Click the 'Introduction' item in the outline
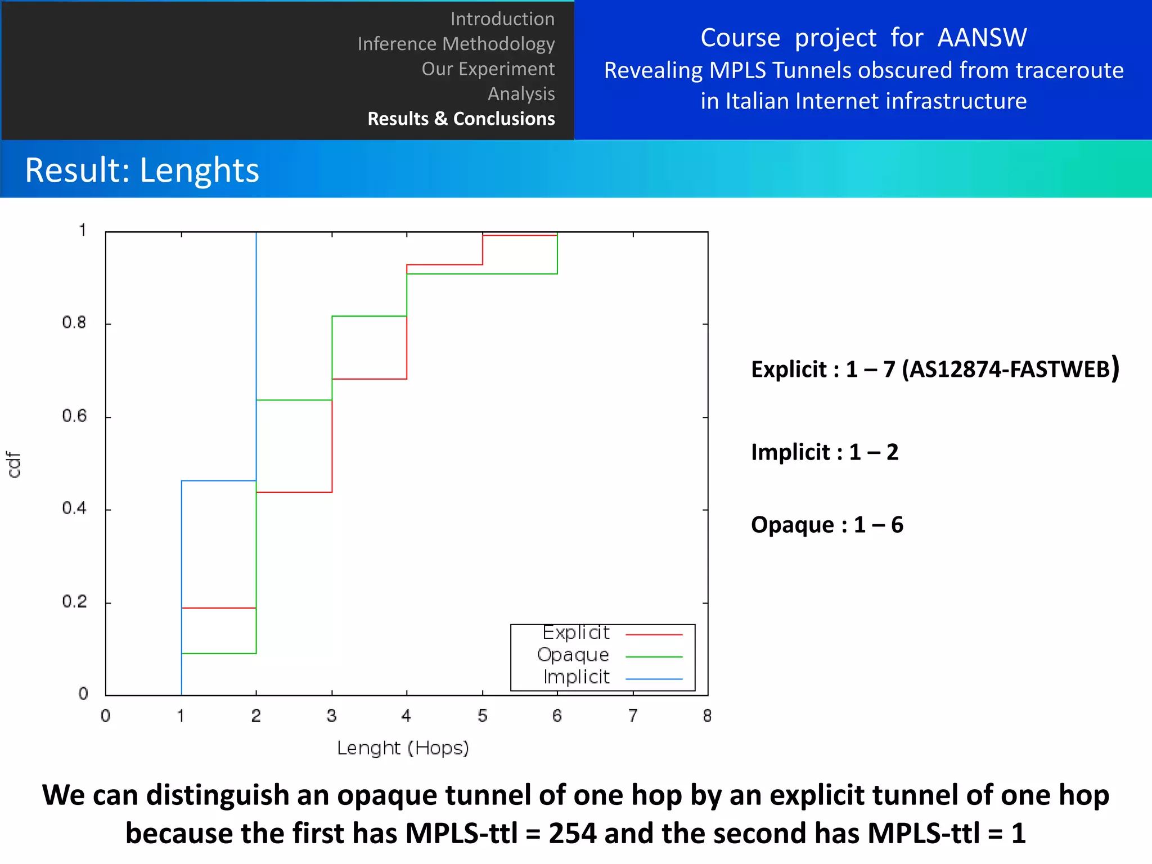click(x=502, y=19)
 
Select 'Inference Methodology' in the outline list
click(x=456, y=44)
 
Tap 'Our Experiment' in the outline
click(x=488, y=69)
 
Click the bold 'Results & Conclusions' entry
click(x=461, y=119)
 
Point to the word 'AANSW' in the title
click(x=982, y=38)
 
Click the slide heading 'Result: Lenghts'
click(x=142, y=170)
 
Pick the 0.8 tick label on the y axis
click(x=74, y=323)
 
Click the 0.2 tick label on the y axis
click(x=74, y=602)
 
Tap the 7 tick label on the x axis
click(x=633, y=715)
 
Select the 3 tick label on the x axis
click(x=331, y=715)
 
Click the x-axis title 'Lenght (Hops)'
click(x=403, y=748)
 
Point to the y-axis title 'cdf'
click(x=13, y=465)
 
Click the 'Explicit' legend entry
click(x=576, y=633)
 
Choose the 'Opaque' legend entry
click(x=573, y=655)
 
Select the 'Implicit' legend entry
click(x=577, y=677)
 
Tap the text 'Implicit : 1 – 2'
click(x=825, y=452)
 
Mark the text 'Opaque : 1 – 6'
click(x=827, y=525)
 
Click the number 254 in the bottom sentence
click(x=572, y=833)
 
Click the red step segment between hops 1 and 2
click(x=219, y=608)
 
